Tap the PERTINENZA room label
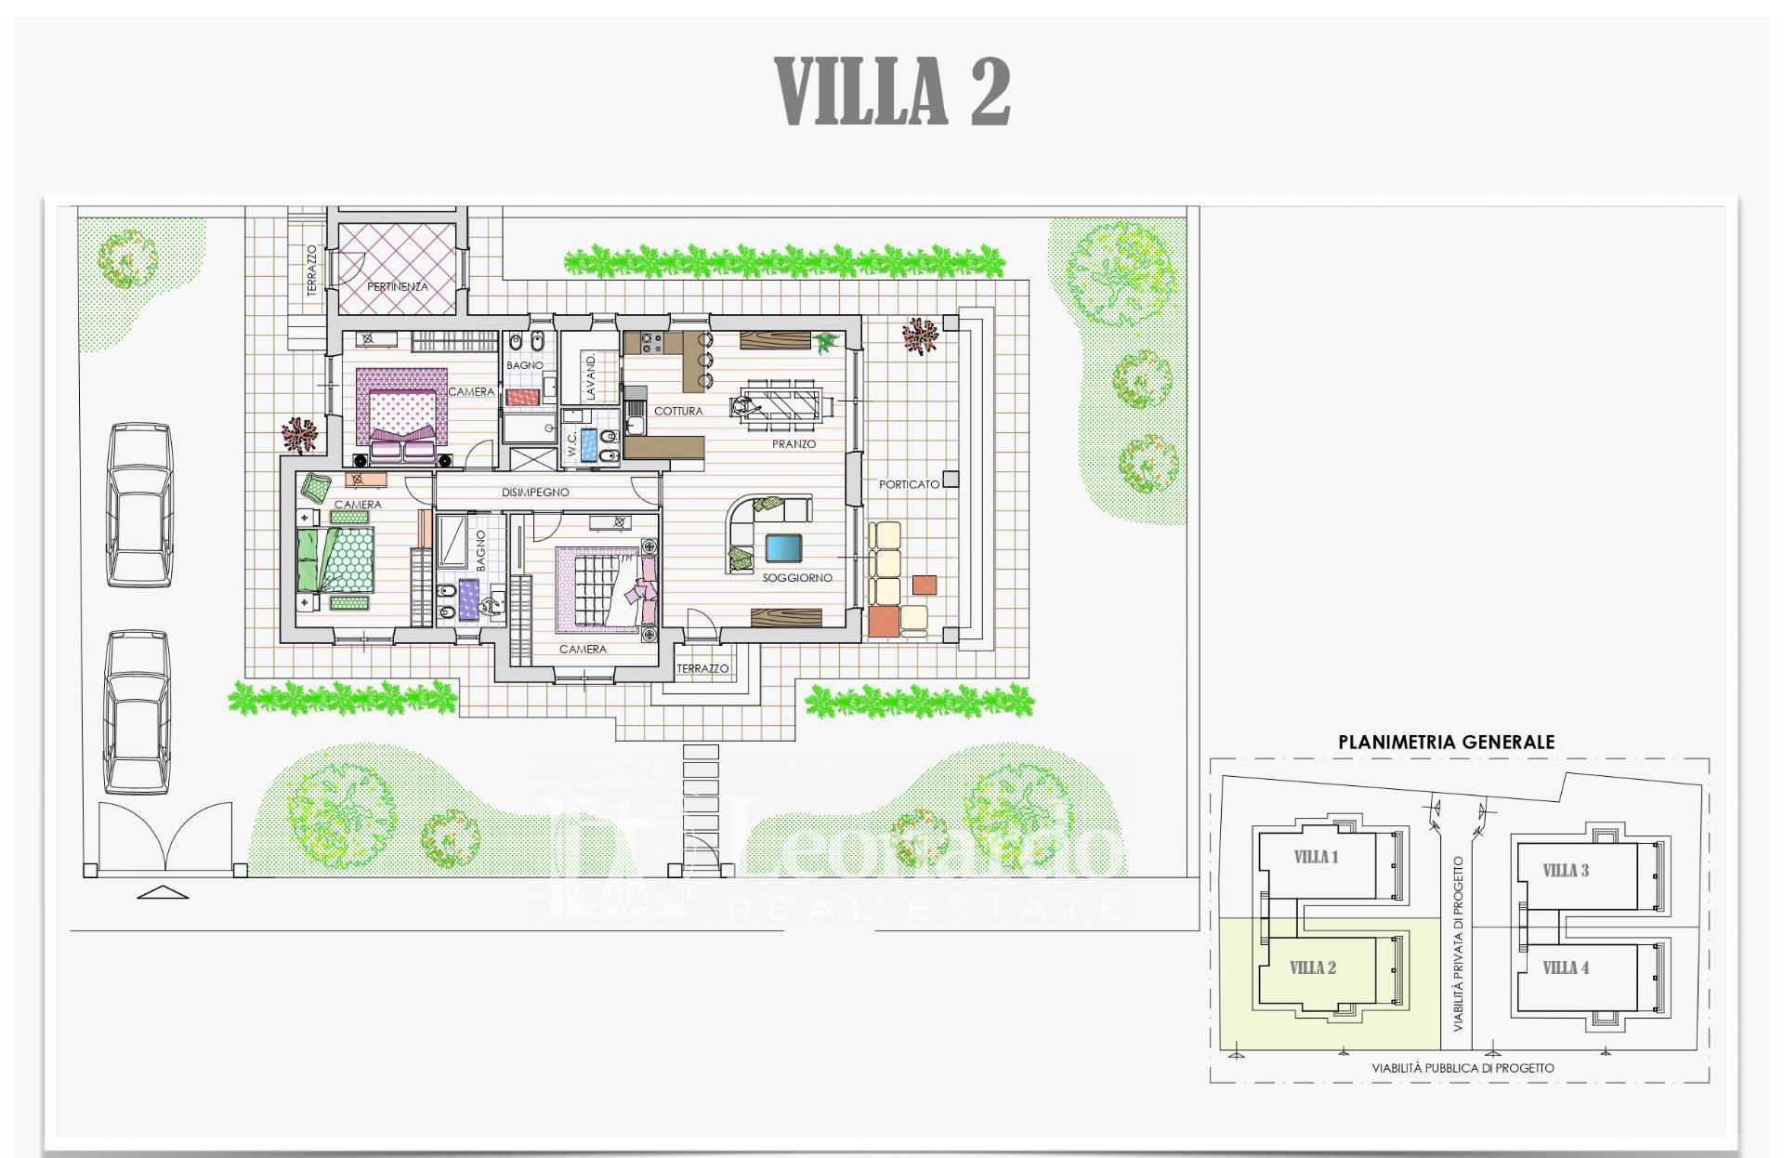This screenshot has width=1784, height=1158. coord(398,287)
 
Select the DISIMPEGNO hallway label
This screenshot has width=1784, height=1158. coord(535,493)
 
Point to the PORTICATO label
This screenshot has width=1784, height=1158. coord(910,484)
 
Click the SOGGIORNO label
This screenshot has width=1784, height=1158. coord(797,578)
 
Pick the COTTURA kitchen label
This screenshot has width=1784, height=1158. coord(678,411)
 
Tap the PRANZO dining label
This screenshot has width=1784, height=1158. coord(794,444)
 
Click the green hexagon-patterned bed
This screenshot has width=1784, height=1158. coord(336,559)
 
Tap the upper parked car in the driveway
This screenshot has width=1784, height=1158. coord(138,505)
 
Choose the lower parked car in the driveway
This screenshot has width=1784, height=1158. coord(137,712)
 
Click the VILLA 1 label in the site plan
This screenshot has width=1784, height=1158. coord(1316,857)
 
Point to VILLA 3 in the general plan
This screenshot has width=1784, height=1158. coord(1566,871)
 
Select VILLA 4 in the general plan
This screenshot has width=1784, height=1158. coord(1566,968)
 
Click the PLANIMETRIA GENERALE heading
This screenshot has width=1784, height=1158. coord(1446,742)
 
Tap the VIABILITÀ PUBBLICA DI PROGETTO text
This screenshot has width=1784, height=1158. coord(1463,1068)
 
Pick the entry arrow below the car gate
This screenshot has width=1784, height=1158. coord(163,892)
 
